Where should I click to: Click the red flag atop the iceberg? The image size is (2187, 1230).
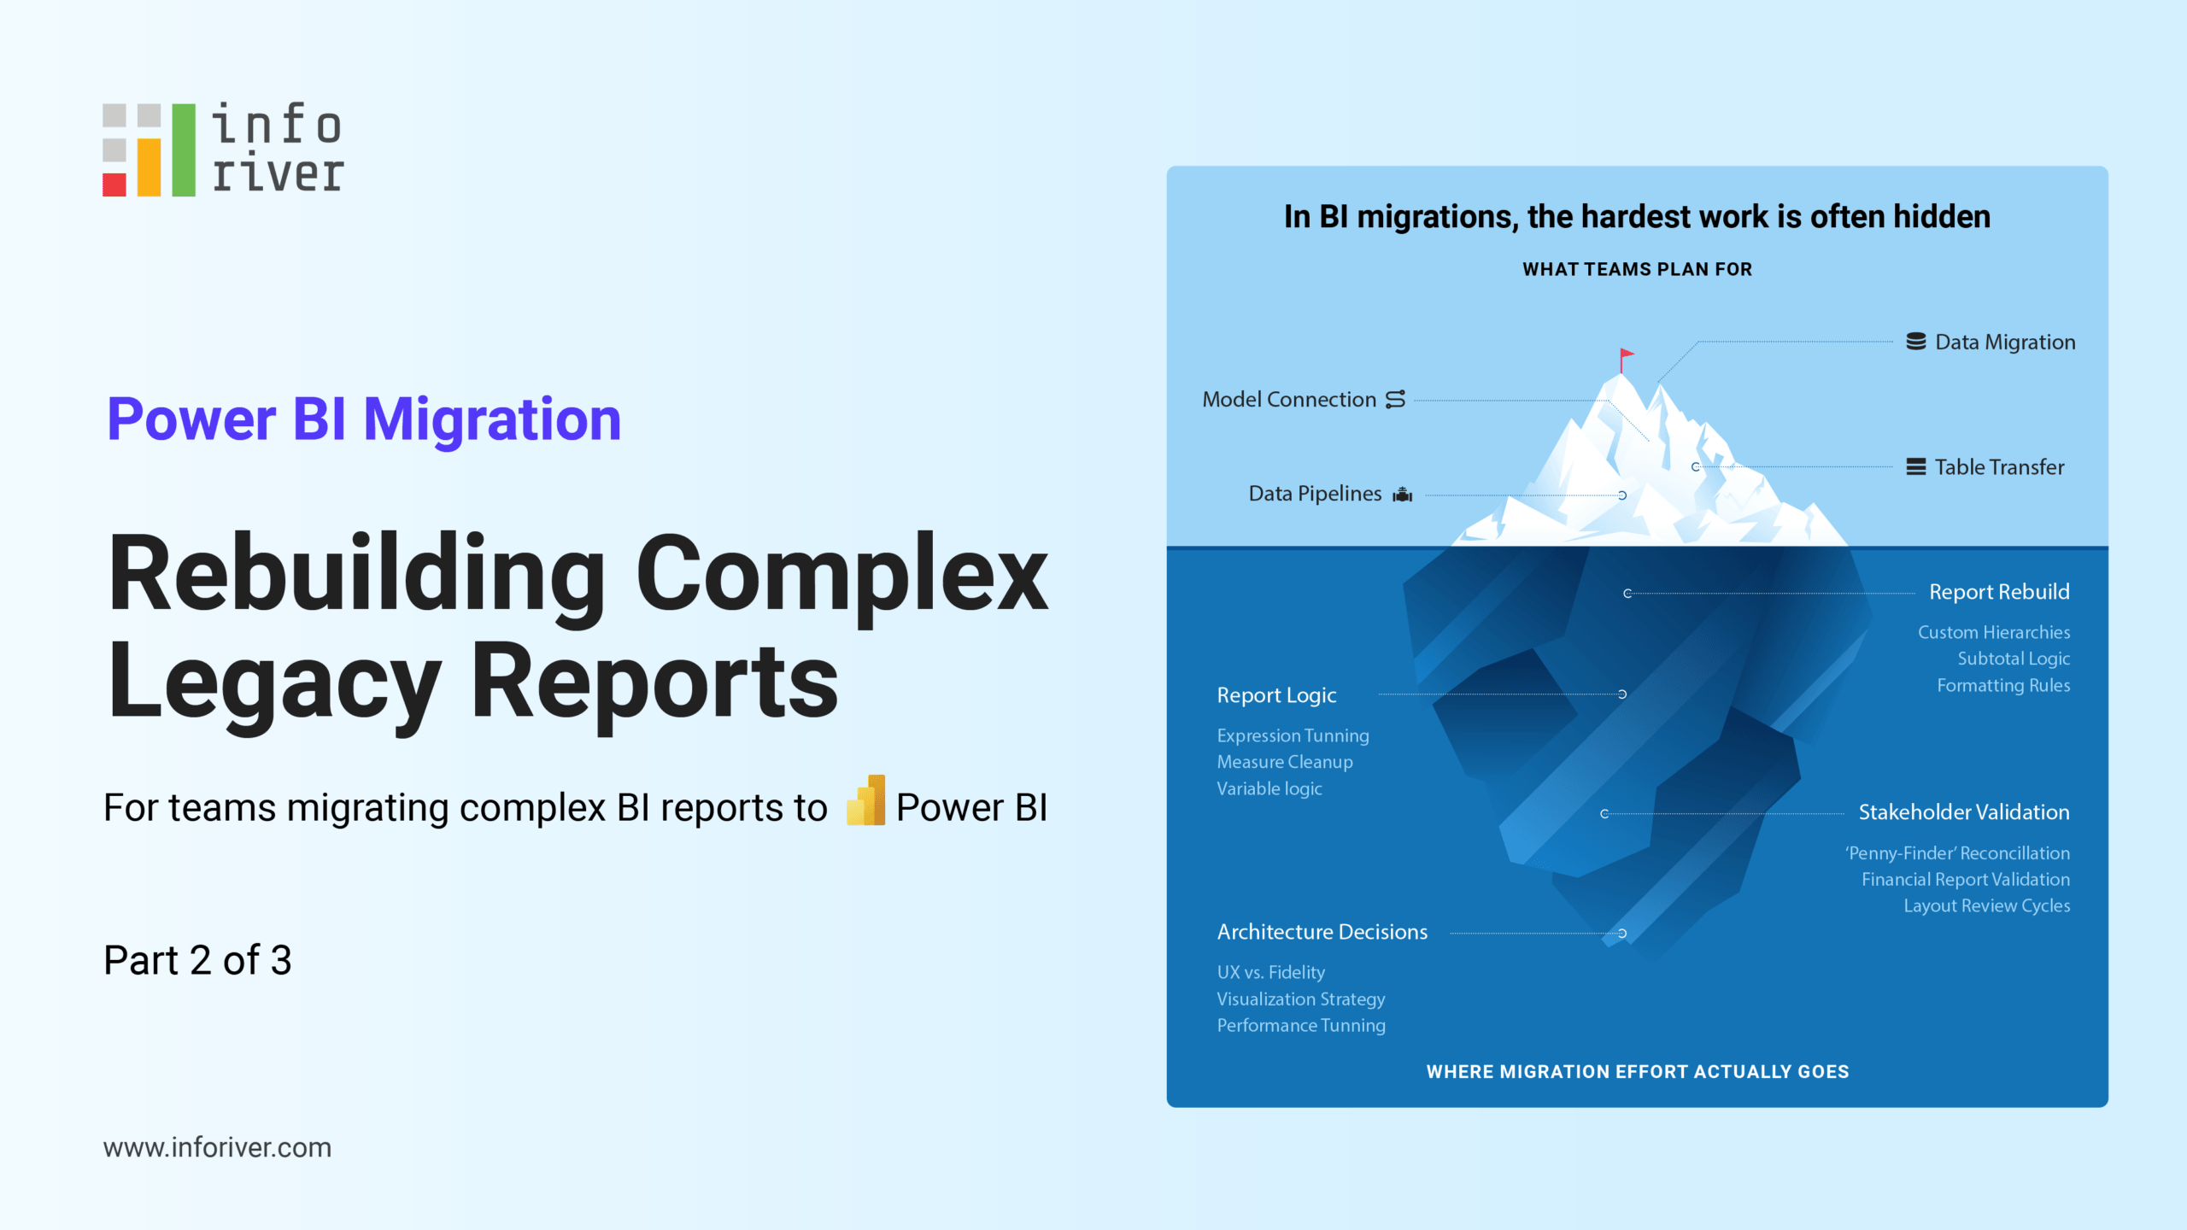pos(1626,355)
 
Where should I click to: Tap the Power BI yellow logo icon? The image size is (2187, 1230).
pos(866,801)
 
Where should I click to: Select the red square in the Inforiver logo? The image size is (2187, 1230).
pos(114,184)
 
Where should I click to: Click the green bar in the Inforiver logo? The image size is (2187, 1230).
pos(184,150)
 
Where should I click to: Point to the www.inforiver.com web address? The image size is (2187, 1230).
pos(217,1147)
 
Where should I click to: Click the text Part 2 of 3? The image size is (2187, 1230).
pos(197,960)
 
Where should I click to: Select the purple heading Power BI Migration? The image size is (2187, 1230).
pos(364,419)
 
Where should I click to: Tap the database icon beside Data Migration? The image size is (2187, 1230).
pos(1916,342)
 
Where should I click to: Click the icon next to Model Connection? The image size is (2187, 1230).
pos(1395,400)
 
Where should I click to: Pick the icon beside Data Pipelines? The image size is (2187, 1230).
pos(1403,495)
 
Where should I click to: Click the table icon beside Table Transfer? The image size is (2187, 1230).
pos(1916,467)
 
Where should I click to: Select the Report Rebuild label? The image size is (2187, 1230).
pos(1999,592)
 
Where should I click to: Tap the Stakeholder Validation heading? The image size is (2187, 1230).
pos(1963,812)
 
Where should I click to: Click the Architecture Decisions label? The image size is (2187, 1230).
pos(1322,932)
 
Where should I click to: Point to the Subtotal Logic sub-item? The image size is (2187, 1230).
pos(2014,659)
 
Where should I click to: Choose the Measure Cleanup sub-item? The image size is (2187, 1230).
pos(1285,762)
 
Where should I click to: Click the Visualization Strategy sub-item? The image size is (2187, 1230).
pos(1300,999)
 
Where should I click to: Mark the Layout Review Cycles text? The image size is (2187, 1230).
pos(1986,905)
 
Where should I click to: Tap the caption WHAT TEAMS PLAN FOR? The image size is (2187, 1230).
pos(1637,269)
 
